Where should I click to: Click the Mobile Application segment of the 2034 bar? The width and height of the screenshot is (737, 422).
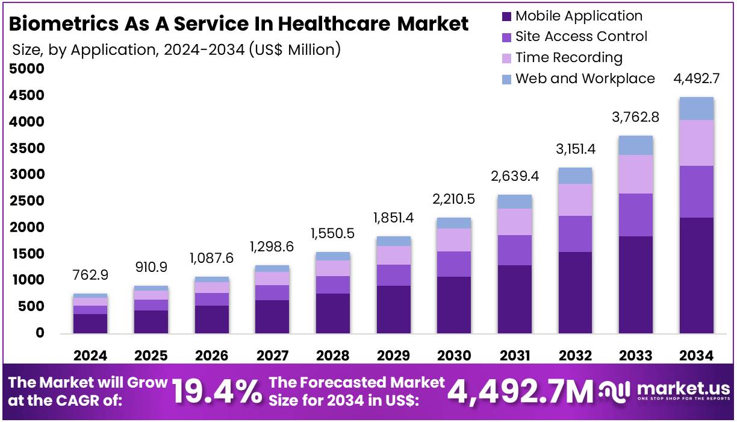pyautogui.click(x=696, y=275)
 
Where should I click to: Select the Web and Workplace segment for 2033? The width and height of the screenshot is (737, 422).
pyautogui.click(x=636, y=145)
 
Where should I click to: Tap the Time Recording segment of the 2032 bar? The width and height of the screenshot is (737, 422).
pyautogui.click(x=575, y=200)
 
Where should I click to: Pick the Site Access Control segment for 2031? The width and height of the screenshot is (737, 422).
pyautogui.click(x=514, y=250)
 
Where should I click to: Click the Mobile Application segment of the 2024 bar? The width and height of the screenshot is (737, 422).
pyautogui.click(x=90, y=323)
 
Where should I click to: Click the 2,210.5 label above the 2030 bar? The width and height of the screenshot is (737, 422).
pyautogui.click(x=454, y=198)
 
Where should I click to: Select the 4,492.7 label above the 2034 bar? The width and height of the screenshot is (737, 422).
pyautogui.click(x=696, y=78)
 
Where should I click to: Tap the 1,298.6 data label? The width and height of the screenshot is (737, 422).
pyautogui.click(x=272, y=246)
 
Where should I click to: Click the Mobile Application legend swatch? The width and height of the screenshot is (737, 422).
pyautogui.click(x=506, y=16)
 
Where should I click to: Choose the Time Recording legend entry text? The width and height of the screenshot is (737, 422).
pyautogui.click(x=568, y=58)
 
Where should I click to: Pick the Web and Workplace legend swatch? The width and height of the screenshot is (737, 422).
pyautogui.click(x=506, y=79)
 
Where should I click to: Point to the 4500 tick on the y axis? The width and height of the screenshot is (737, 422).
pyautogui.click(x=28, y=96)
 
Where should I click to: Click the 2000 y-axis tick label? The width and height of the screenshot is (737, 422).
pyautogui.click(x=28, y=227)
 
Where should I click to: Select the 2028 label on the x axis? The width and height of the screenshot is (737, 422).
pyautogui.click(x=333, y=356)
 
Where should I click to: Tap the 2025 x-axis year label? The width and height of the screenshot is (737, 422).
pyautogui.click(x=151, y=356)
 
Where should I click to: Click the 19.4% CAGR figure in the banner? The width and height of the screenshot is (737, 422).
pyautogui.click(x=217, y=391)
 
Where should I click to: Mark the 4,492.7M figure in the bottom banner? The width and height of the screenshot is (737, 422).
pyautogui.click(x=520, y=391)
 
